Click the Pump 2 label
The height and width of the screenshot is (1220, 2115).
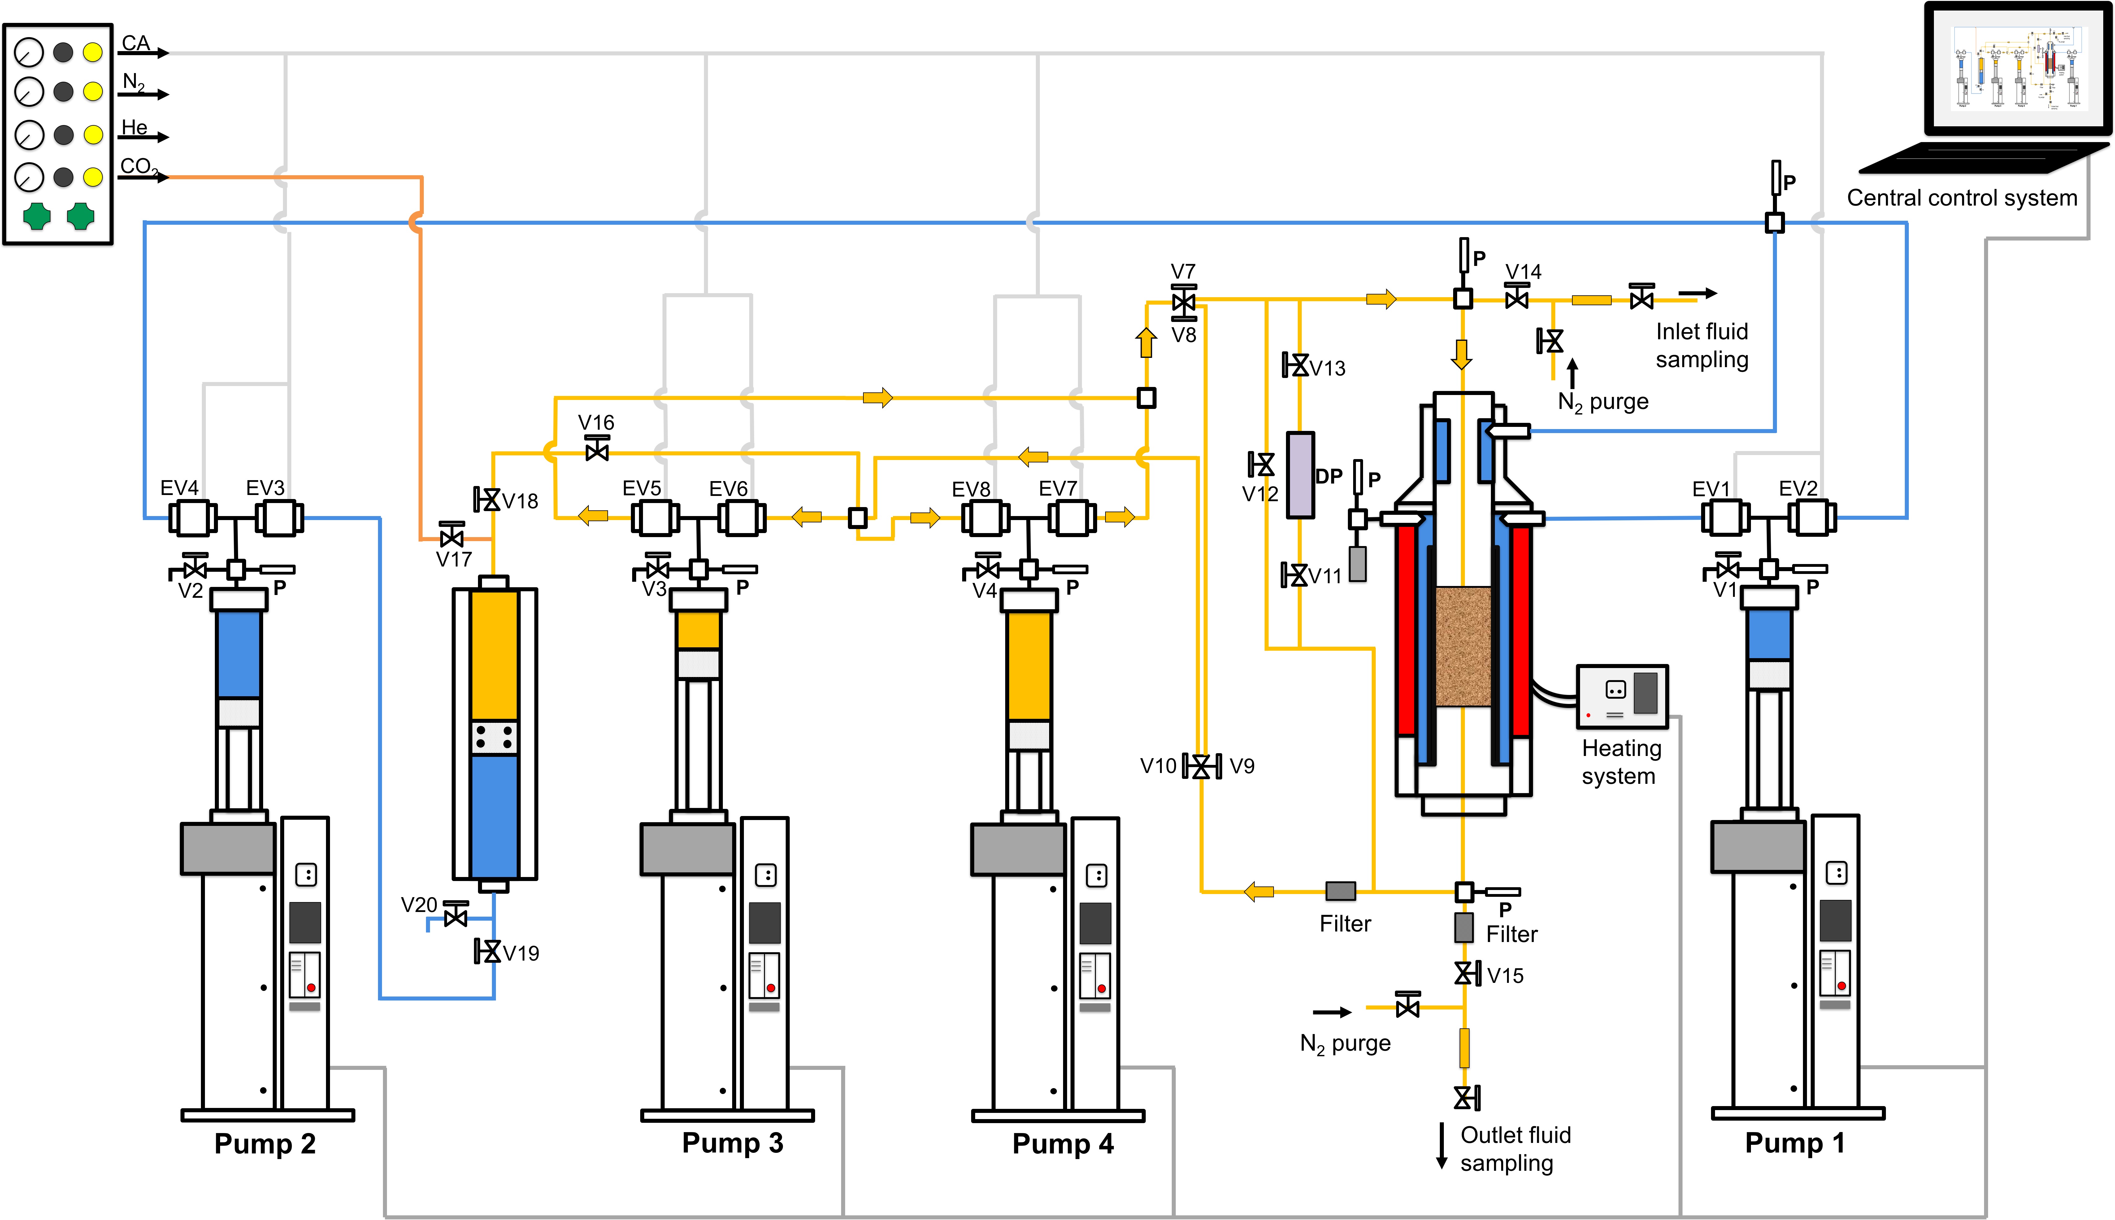click(265, 1144)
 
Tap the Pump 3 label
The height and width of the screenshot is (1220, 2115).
click(732, 1143)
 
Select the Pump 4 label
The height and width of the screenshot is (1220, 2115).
click(1062, 1144)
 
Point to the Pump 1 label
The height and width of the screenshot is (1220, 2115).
click(1795, 1143)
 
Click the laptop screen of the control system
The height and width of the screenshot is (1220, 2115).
click(2018, 67)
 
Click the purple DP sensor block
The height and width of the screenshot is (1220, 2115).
click(1300, 475)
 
